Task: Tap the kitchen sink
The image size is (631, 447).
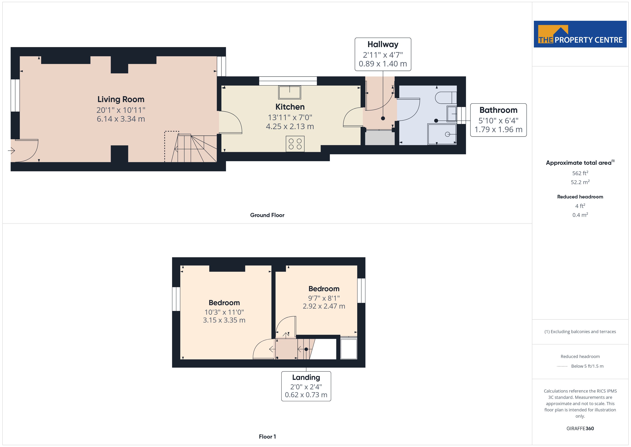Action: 290,92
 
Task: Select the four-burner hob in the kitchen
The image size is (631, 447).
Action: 295,144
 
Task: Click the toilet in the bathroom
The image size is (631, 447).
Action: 446,97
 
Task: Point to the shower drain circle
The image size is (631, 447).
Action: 447,134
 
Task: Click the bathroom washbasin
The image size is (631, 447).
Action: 452,114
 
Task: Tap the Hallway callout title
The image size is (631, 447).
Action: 383,44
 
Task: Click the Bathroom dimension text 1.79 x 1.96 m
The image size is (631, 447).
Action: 498,129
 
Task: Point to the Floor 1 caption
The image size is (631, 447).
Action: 267,437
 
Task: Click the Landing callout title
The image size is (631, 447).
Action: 306,377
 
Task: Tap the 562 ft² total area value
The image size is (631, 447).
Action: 580,173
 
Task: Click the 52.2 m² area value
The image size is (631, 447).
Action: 580,182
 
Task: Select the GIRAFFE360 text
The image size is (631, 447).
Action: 580,429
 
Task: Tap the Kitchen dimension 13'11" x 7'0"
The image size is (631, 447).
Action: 290,117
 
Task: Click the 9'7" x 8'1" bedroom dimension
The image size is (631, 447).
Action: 324,298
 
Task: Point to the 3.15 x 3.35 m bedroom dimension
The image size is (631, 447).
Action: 224,320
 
